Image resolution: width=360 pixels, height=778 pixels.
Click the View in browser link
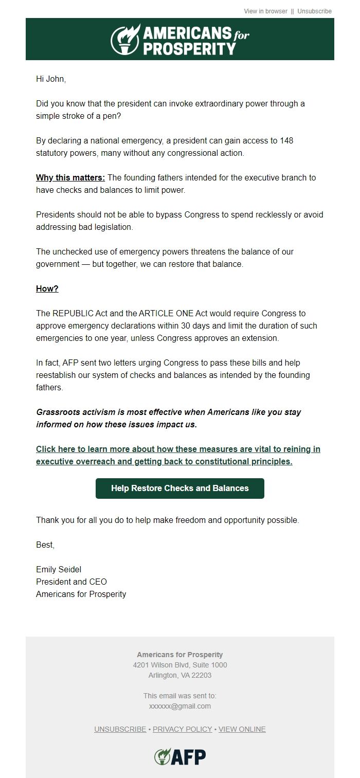point(265,11)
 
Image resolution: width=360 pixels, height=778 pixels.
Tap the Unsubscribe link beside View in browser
point(314,11)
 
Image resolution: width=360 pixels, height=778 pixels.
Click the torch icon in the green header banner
point(125,39)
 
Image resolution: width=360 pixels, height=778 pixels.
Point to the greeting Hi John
point(51,79)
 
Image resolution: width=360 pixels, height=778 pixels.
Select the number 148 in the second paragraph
point(286,140)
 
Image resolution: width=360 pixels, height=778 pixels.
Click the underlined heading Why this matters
point(70,177)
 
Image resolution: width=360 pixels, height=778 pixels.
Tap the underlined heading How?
point(47,288)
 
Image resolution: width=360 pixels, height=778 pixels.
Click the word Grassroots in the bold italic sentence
point(58,412)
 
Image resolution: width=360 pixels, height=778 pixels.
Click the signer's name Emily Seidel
point(59,569)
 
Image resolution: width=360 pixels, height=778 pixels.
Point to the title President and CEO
point(71,582)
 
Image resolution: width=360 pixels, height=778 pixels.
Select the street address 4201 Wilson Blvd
point(162,665)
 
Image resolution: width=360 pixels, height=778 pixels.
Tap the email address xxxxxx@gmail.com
point(179,706)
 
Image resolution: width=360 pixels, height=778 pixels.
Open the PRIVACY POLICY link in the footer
point(182,729)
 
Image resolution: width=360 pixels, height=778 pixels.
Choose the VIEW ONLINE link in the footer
point(242,729)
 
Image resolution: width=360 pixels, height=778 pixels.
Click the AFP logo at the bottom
point(180,756)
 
